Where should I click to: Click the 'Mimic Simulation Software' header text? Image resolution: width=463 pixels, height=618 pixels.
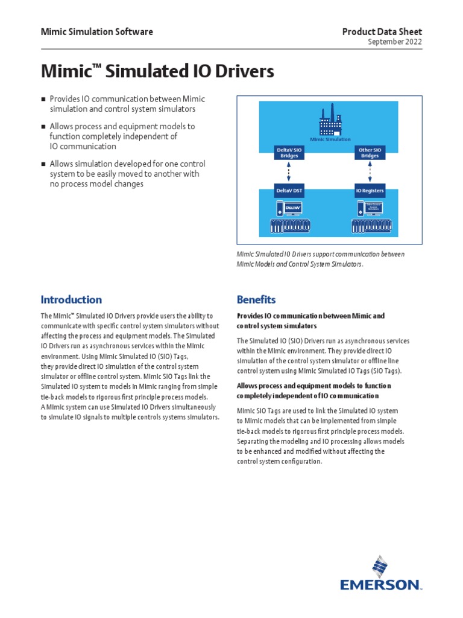coord(96,32)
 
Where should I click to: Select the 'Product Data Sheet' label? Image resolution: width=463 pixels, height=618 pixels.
coord(382,32)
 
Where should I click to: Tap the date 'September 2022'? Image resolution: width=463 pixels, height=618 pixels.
coord(395,42)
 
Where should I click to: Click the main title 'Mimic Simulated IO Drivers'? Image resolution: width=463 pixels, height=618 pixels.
coord(157,72)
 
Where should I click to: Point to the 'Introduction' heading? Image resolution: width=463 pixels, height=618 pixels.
coord(71,299)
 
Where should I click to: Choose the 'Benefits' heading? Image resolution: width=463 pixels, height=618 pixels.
coord(256,299)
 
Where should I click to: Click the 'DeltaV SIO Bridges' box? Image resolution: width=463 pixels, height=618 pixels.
coord(286,153)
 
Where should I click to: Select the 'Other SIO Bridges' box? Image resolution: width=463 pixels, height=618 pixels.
coord(370,153)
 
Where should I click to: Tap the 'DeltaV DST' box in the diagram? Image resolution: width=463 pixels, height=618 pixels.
coord(289,191)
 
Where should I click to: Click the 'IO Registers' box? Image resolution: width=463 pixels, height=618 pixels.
coord(370,191)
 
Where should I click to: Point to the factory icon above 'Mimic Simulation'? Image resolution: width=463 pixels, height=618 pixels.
coord(329,123)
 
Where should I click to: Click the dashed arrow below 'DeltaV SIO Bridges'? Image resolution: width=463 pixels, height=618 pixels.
coord(289,172)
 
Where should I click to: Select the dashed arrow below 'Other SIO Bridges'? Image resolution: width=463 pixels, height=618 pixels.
coord(370,172)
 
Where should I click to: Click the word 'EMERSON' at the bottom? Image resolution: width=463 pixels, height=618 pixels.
coord(380,585)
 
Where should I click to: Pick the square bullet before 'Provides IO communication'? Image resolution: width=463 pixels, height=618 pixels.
coord(43,99)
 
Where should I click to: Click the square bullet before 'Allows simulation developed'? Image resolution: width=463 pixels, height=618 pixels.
coord(43,164)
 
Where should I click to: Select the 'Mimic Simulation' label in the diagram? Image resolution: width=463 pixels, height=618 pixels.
coord(330,139)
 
